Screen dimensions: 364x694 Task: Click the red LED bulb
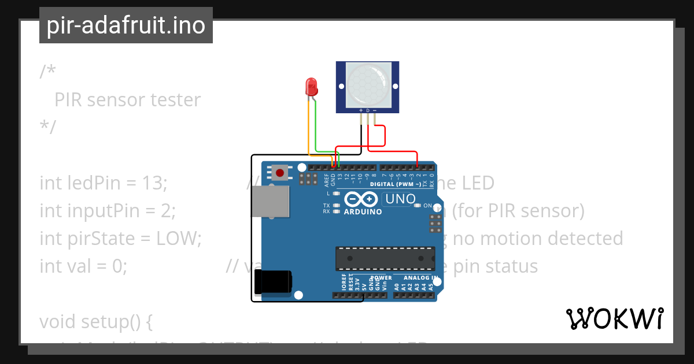(x=311, y=87)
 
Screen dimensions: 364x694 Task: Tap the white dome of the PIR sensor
(x=368, y=84)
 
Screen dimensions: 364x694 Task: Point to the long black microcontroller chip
(x=385, y=258)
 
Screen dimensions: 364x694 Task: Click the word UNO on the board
(x=400, y=199)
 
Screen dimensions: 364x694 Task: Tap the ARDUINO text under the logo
(x=363, y=212)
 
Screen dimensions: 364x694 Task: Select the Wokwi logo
(x=614, y=318)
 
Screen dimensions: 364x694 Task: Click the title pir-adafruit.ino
(x=126, y=25)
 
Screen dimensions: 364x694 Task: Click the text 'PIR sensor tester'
(x=127, y=100)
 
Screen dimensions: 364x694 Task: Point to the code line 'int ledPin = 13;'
(x=104, y=183)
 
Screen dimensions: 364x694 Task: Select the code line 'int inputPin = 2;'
(x=108, y=211)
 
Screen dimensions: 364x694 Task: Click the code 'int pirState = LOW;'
(x=120, y=238)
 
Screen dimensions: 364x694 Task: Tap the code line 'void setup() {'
(x=95, y=321)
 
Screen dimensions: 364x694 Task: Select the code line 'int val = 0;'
(x=83, y=266)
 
